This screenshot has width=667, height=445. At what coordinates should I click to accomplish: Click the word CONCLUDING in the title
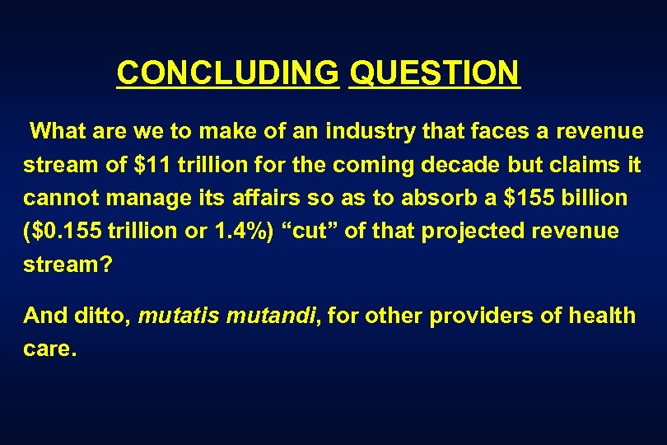[x=227, y=73]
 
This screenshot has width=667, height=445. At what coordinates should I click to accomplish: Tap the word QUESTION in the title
[x=435, y=73]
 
